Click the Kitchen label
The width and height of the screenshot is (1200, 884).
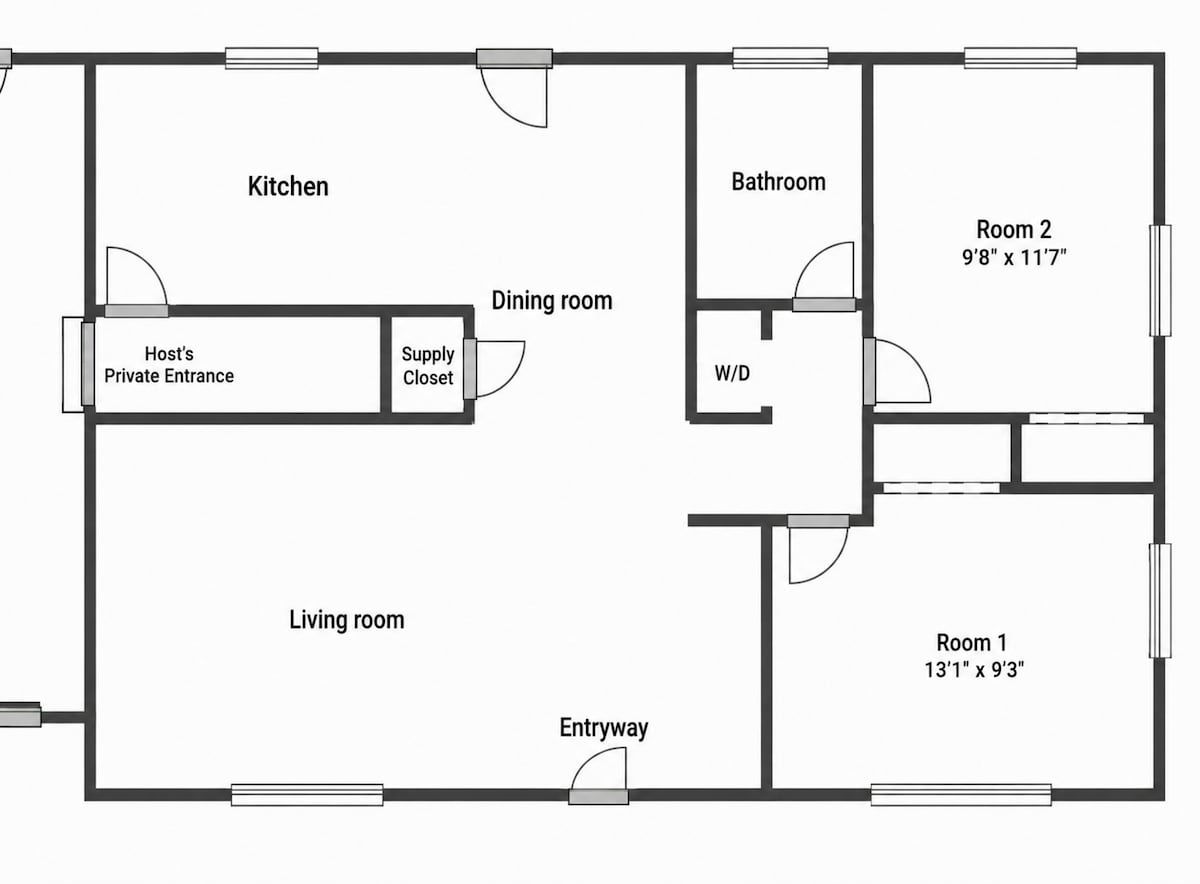tap(288, 186)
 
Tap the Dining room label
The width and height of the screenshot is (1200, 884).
tap(552, 301)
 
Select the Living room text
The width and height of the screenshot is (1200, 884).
tap(347, 620)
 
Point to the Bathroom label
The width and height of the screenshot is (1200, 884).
tap(778, 182)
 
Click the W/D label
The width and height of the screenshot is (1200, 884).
tap(732, 373)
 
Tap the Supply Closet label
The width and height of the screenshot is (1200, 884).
tap(428, 366)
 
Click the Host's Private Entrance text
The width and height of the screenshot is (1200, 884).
tap(169, 365)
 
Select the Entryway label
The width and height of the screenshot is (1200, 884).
tap(604, 728)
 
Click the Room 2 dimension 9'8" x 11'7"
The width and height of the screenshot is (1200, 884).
tap(1014, 258)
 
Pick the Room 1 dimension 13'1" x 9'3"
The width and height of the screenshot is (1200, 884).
tap(974, 670)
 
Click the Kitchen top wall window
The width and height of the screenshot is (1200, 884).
tap(272, 58)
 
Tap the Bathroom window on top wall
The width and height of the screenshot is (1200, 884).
tap(781, 58)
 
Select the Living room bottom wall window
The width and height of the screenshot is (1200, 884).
tap(307, 795)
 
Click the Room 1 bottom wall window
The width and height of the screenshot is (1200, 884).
tap(961, 795)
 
